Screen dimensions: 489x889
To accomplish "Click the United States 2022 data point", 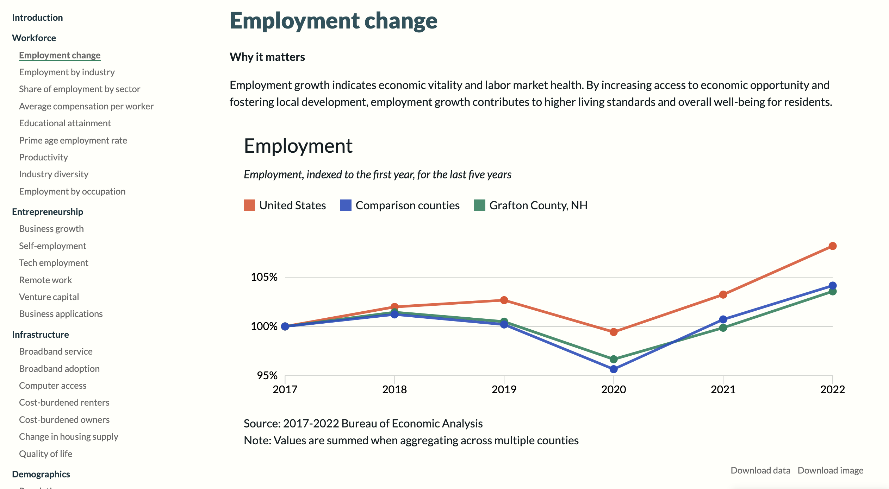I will click(x=832, y=246).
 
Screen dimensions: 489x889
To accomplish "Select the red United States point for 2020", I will click(x=613, y=332).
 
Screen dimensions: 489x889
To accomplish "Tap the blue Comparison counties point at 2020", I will click(x=613, y=369).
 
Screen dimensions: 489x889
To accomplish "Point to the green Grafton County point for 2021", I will click(x=723, y=328).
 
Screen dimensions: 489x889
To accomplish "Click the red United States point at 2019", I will click(x=504, y=300).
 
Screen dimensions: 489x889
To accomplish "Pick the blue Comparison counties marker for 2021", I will click(x=723, y=319).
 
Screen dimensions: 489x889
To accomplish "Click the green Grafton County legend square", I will click(x=479, y=205).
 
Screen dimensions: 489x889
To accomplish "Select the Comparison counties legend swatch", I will click(x=346, y=205).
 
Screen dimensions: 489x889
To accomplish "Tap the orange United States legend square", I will click(x=249, y=205).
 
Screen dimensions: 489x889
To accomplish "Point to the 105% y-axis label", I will click(x=264, y=277).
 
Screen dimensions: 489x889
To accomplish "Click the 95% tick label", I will click(x=267, y=376).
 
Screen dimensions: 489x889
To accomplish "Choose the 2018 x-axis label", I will click(x=394, y=389).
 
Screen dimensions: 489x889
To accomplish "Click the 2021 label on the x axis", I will click(x=723, y=389).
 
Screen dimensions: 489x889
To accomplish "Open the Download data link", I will click(x=760, y=470).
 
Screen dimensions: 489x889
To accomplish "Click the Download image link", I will click(x=830, y=470).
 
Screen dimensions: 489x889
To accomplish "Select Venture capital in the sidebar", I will click(x=49, y=297).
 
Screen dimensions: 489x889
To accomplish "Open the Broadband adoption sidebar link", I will click(x=59, y=369).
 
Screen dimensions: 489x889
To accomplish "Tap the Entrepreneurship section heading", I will click(x=48, y=212).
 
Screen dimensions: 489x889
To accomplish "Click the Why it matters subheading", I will click(x=267, y=57).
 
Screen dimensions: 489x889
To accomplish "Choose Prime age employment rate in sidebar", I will click(x=73, y=140).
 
